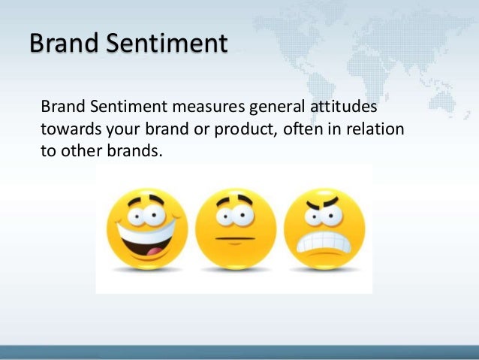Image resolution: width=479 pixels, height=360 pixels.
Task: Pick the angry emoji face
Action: [325, 229]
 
